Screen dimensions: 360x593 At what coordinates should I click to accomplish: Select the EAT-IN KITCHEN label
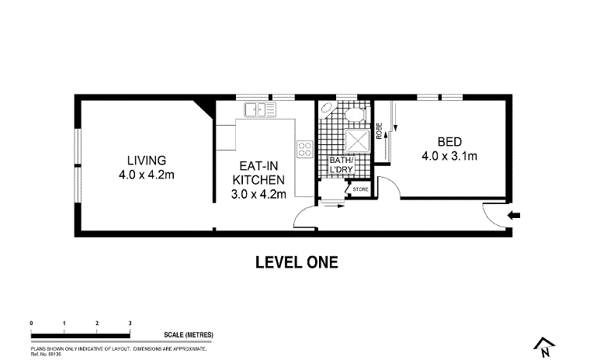coord(259,172)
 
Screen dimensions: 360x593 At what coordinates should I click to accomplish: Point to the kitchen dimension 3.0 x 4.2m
coord(259,194)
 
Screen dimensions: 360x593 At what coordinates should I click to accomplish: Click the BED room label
coord(449,142)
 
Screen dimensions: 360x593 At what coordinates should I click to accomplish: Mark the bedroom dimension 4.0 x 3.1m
coord(449,156)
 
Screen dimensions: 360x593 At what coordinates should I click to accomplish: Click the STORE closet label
coord(360,189)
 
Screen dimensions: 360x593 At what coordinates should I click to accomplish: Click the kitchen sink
coord(260,109)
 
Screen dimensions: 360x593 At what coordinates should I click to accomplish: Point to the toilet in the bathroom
coord(356,115)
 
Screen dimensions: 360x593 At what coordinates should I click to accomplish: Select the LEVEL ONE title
coord(296,262)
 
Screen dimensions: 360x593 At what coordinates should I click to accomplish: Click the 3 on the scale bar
coord(130,322)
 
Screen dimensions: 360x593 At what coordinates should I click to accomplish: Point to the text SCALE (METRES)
coord(188,335)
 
